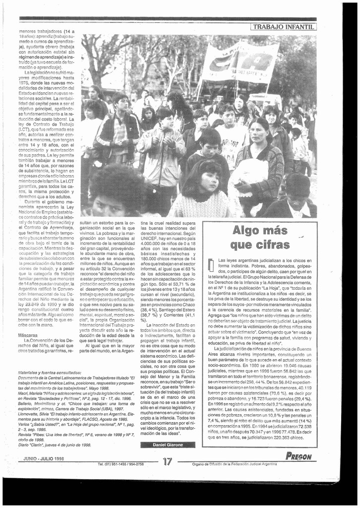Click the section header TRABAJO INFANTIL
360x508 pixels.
284,27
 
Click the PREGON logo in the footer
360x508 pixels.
299,456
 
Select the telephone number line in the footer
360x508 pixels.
121,464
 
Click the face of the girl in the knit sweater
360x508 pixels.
210,182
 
